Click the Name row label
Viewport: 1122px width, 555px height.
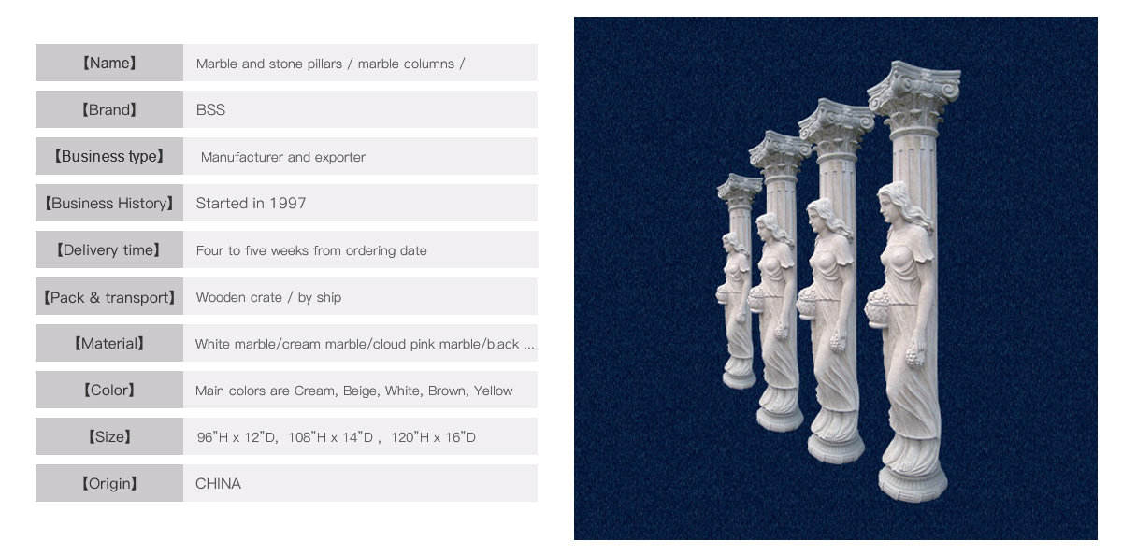(109, 63)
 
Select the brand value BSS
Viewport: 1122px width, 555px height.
(210, 110)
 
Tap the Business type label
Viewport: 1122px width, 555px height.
(109, 157)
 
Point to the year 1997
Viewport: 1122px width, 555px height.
(288, 203)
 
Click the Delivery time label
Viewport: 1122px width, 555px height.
(108, 250)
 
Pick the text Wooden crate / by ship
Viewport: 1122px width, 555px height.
(268, 297)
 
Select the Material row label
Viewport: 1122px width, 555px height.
(109, 344)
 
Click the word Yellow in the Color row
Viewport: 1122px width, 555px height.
(493, 391)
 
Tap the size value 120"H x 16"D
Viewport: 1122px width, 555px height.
(433, 437)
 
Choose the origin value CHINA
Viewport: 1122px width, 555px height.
(218, 484)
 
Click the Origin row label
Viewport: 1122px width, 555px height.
(109, 484)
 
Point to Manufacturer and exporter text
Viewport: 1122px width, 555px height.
(283, 157)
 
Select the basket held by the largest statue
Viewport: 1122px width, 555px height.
(879, 310)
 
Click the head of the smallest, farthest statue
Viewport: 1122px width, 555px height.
(731, 244)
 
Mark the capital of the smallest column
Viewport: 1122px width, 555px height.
(740, 191)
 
